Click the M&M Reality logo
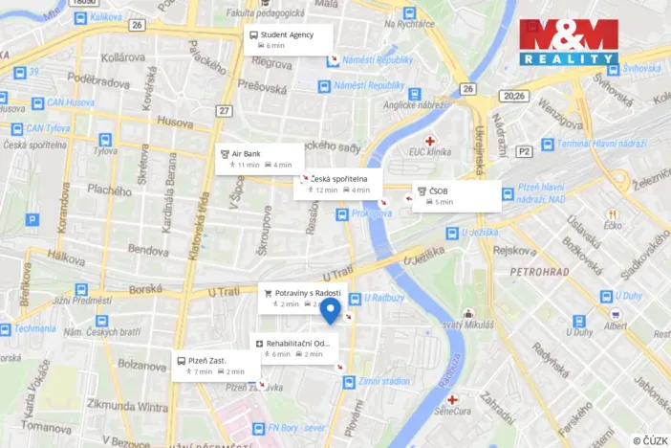[x=569, y=41]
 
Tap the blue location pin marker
[x=330, y=310]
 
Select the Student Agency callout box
[x=288, y=39]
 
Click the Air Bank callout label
[x=259, y=158]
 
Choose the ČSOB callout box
[x=457, y=195]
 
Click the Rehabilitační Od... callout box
[x=294, y=347]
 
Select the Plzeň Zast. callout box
[x=215, y=365]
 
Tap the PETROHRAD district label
[x=539, y=272]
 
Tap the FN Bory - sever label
[x=296, y=427]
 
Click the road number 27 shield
[x=224, y=111]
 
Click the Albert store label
[x=616, y=325]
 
